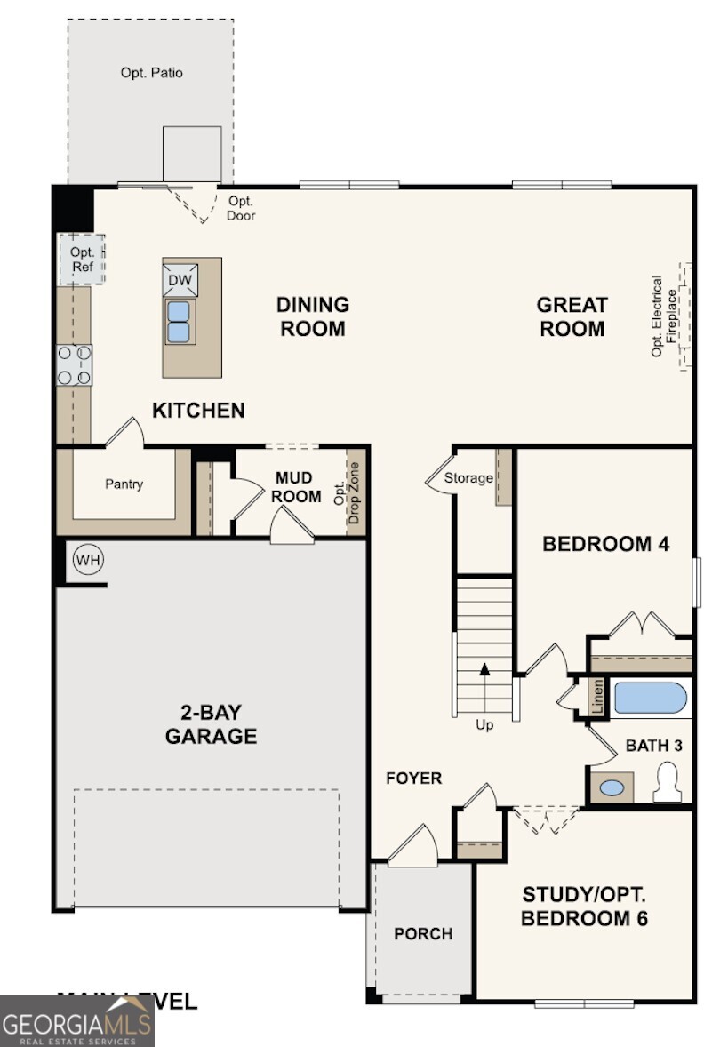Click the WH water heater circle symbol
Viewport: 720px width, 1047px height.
pos(87,561)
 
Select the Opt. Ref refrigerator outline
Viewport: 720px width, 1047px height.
pos(82,259)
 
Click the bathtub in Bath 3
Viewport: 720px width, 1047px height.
pos(651,699)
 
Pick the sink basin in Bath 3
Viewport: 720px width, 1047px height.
pos(612,787)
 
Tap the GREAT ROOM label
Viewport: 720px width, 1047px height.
pos(572,316)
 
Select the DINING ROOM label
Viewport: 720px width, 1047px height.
pos(312,316)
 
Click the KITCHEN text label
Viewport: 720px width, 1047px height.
pos(198,411)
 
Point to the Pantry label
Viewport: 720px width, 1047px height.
pos(124,484)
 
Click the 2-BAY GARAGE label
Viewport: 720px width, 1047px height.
pos(211,724)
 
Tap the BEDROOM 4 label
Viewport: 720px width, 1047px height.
pos(605,544)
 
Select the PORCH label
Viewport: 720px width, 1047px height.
pos(423,934)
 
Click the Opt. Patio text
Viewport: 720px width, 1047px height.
pos(151,73)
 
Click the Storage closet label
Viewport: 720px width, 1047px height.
pos(468,478)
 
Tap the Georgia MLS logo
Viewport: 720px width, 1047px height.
pos(77,1020)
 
